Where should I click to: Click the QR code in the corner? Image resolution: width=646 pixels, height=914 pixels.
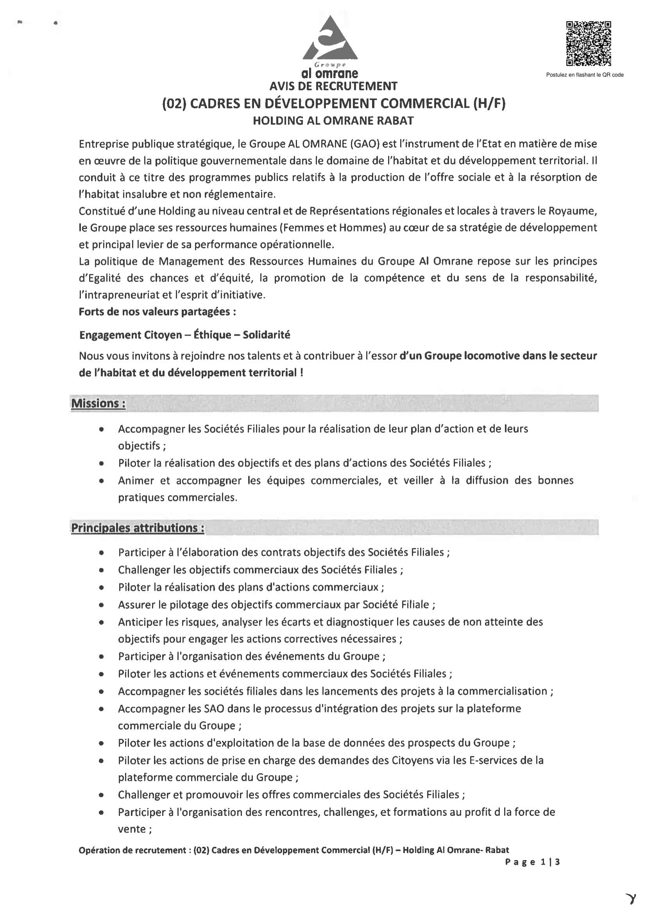[x=589, y=44]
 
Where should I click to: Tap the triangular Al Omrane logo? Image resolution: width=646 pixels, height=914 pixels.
[x=330, y=40]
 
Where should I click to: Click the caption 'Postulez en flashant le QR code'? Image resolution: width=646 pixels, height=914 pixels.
[x=584, y=75]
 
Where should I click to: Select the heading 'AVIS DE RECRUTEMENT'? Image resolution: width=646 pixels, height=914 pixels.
[x=333, y=86]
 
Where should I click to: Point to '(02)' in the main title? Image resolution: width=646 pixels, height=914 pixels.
[x=174, y=104]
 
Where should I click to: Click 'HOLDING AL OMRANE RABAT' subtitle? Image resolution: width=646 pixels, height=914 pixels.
[x=333, y=121]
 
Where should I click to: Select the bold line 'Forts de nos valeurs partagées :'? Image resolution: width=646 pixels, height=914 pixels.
[x=157, y=312]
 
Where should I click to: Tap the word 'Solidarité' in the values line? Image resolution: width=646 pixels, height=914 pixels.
[x=266, y=335]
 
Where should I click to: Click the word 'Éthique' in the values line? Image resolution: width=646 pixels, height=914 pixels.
[x=212, y=335]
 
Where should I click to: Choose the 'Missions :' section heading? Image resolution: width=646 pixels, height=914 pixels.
[x=98, y=403]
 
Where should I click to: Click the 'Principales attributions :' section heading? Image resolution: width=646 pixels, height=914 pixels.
[x=138, y=528]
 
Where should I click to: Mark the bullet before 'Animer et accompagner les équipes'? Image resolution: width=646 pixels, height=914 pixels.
[x=102, y=481]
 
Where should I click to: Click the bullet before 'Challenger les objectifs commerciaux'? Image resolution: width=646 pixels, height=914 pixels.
[x=102, y=570]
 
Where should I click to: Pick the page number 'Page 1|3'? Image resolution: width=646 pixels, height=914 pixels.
[x=532, y=862]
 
